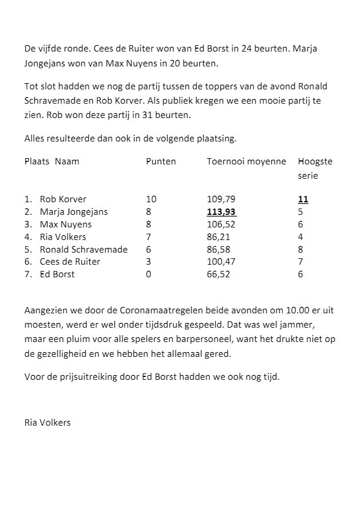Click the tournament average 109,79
[221, 199]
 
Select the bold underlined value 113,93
[221, 212]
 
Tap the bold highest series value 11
[303, 199]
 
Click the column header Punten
[161, 162]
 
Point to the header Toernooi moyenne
[246, 162]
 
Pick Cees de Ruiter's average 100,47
[221, 262]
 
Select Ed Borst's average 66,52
[219, 274]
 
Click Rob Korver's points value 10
[151, 199]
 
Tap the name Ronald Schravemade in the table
[84, 249]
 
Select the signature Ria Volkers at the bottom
[48, 423]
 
